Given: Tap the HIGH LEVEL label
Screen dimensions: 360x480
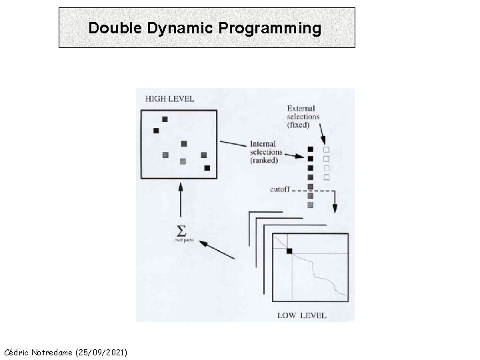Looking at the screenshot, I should [169, 99].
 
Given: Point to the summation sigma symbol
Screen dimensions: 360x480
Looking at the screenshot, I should [180, 231].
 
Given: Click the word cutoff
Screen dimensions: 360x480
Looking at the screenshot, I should [280, 189].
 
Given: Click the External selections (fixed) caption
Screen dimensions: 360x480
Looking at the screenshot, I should [303, 117].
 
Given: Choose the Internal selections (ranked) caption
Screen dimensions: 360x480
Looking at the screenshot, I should [266, 152].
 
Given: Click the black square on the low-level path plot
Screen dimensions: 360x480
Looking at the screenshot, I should [289, 251].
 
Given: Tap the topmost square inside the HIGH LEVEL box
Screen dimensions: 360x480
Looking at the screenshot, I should [165, 119].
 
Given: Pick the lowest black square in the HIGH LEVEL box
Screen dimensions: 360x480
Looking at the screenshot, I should [207, 168].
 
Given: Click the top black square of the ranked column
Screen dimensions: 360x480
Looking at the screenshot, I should [310, 149].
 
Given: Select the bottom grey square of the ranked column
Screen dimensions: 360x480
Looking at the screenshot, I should [310, 205].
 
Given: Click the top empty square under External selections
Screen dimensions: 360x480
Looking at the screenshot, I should [326, 149].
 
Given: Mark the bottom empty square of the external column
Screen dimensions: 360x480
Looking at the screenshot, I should [326, 177].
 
